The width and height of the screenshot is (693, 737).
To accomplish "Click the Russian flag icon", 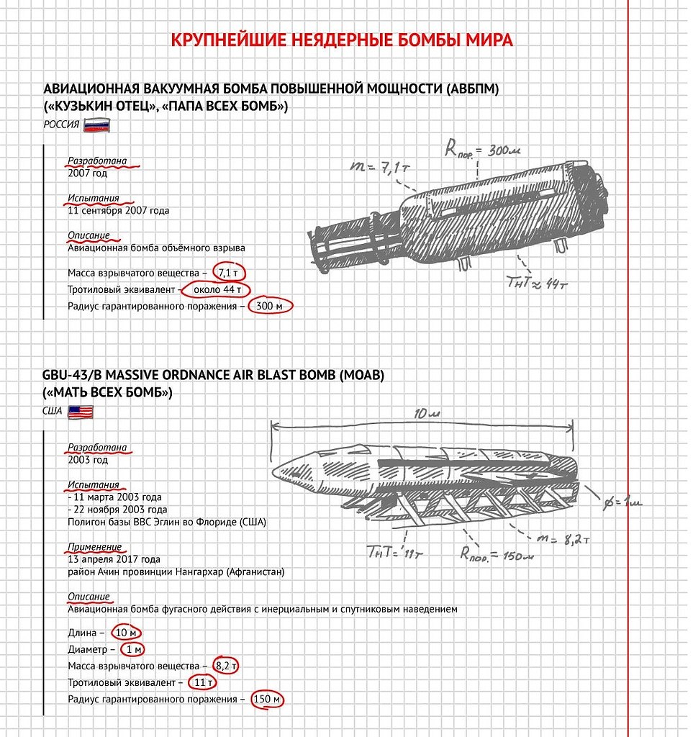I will [x=96, y=125].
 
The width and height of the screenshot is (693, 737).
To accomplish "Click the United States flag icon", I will [x=81, y=412].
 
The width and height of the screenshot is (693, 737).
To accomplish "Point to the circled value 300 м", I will [x=271, y=307].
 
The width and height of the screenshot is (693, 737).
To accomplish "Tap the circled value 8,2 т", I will [x=226, y=666].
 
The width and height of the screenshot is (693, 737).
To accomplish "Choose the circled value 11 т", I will [x=202, y=682].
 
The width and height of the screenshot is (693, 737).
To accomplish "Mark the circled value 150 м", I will [x=267, y=699].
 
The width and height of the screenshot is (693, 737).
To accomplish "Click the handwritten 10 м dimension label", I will [x=431, y=415].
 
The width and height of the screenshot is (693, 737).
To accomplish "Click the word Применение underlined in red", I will [x=94, y=547].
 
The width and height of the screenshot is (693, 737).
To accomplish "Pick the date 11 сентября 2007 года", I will [x=119, y=211].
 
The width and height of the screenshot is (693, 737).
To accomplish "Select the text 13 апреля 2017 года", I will [x=114, y=559].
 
